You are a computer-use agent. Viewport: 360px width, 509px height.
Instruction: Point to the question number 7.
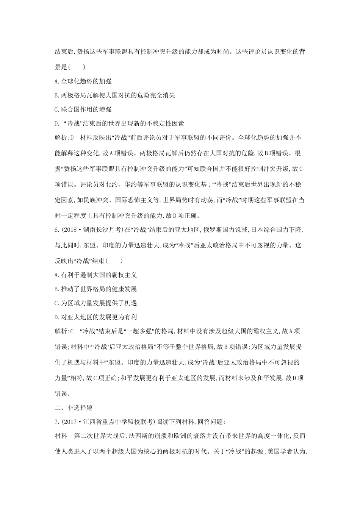56,422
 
